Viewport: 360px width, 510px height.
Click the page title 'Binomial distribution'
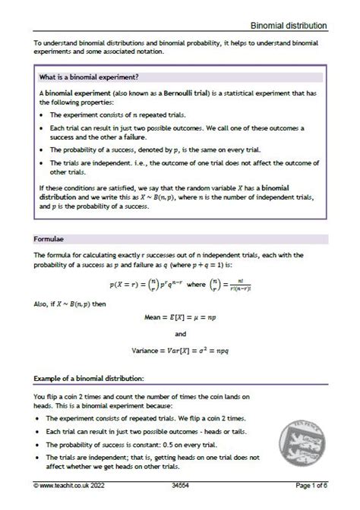291,25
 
